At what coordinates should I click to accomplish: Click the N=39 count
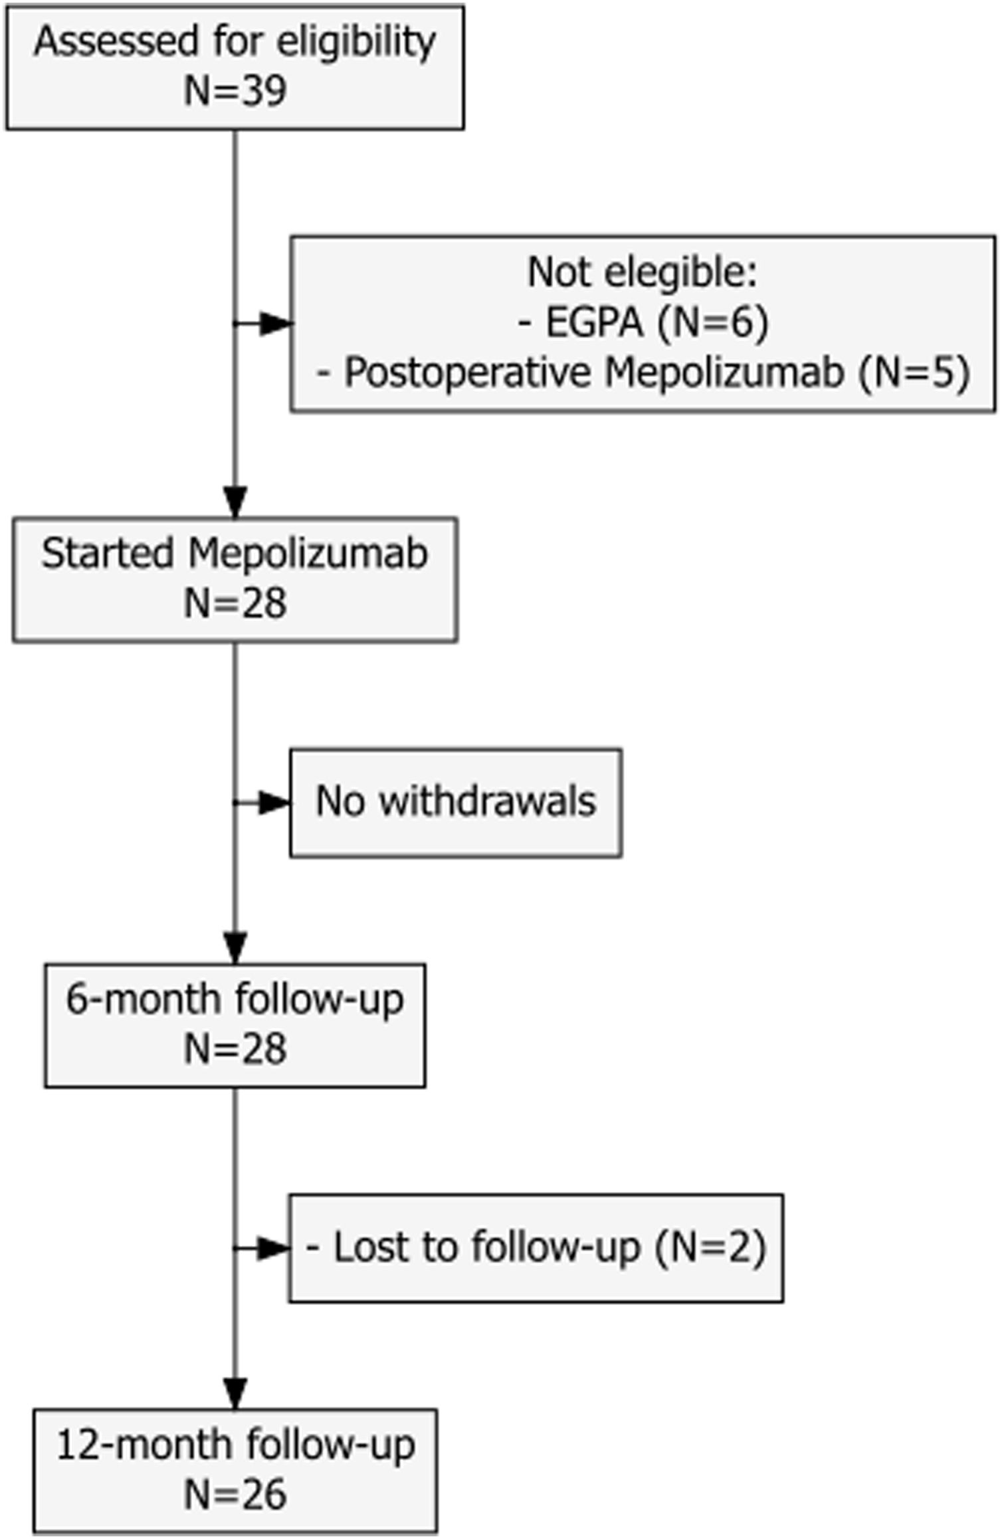235,91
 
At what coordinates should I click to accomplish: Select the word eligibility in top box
355,41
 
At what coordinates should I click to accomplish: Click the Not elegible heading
642,272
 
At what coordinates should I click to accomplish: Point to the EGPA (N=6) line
642,322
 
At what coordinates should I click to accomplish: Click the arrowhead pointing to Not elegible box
274,324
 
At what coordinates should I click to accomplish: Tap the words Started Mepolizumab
235,553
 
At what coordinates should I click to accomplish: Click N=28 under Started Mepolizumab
235,603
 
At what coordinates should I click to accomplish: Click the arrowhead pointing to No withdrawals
273,803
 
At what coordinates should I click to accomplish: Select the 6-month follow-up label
235,999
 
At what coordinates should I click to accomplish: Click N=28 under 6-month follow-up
235,1049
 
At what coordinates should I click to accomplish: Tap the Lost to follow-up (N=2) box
536,1247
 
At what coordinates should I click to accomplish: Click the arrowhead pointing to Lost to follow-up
273,1249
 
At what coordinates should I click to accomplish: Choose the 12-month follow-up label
235,1445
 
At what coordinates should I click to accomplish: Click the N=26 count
235,1494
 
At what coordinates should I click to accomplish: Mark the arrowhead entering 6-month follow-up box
235,948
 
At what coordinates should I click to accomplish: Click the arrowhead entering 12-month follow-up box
235,1393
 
